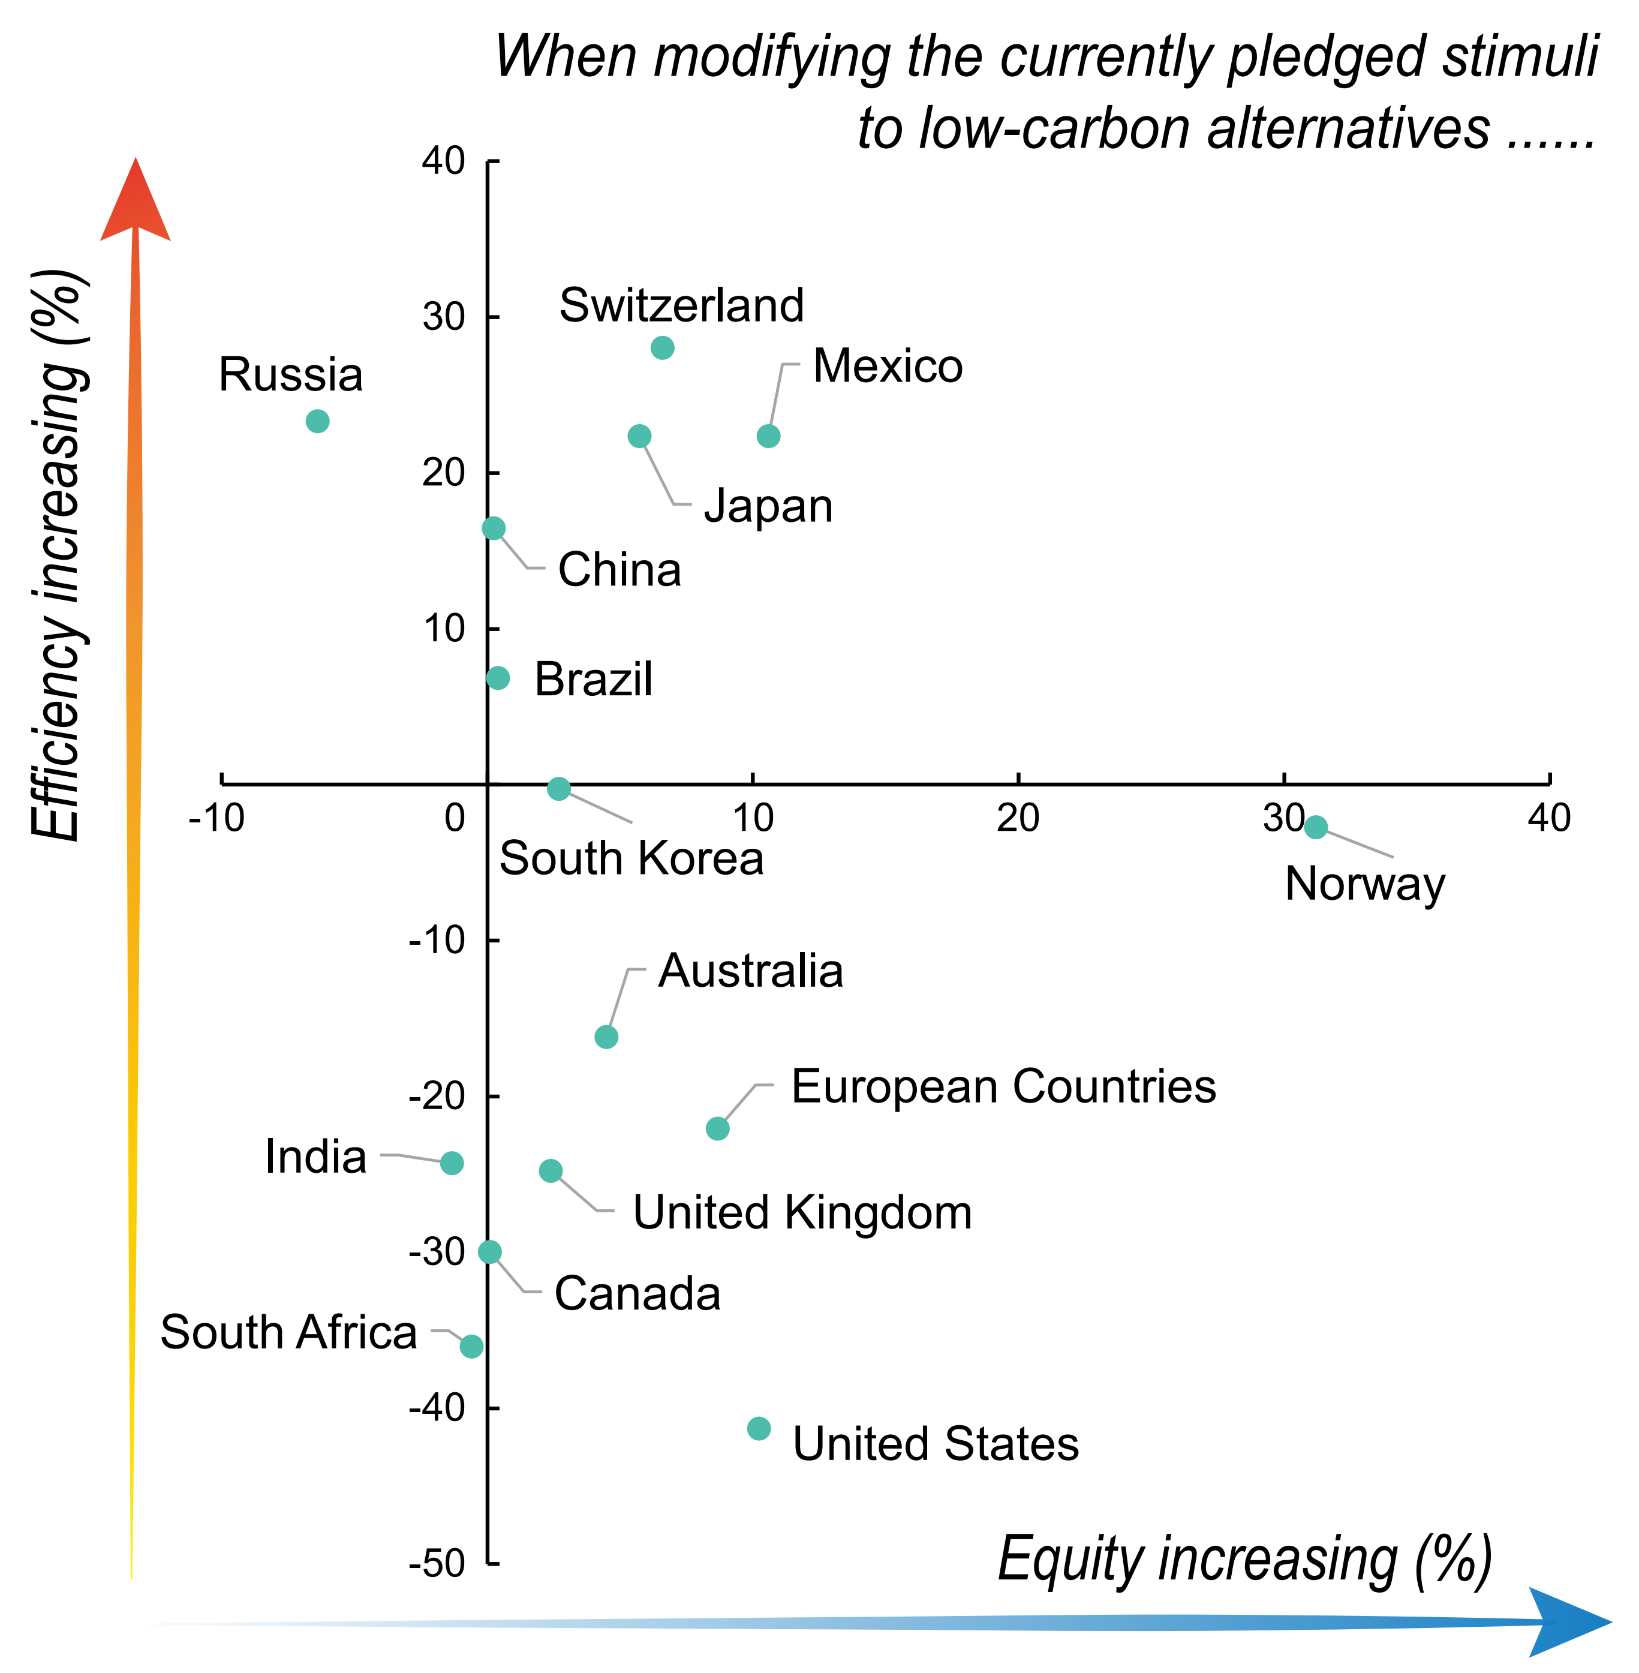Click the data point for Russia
318,421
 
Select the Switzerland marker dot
662,348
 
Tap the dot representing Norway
1315,827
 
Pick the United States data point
759,1428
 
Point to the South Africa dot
471,1347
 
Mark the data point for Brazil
498,678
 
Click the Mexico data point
768,437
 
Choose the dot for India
451,1163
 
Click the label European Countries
1003,1086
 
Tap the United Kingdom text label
802,1212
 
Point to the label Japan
768,506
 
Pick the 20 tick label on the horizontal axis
1018,818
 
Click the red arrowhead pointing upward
135,202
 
